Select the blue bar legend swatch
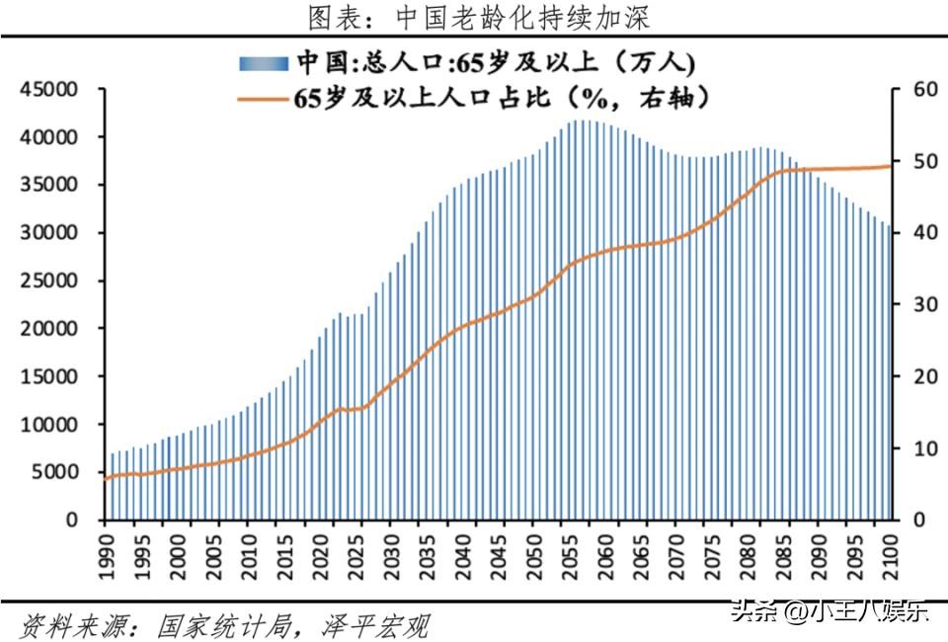click(x=263, y=63)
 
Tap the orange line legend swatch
click(x=263, y=98)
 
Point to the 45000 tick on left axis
click(x=49, y=90)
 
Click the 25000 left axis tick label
click(x=49, y=281)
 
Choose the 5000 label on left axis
click(x=55, y=472)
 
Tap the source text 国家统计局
click(x=223, y=624)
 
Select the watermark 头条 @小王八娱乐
click(x=829, y=611)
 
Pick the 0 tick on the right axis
click(x=917, y=520)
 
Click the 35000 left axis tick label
click(x=49, y=186)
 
